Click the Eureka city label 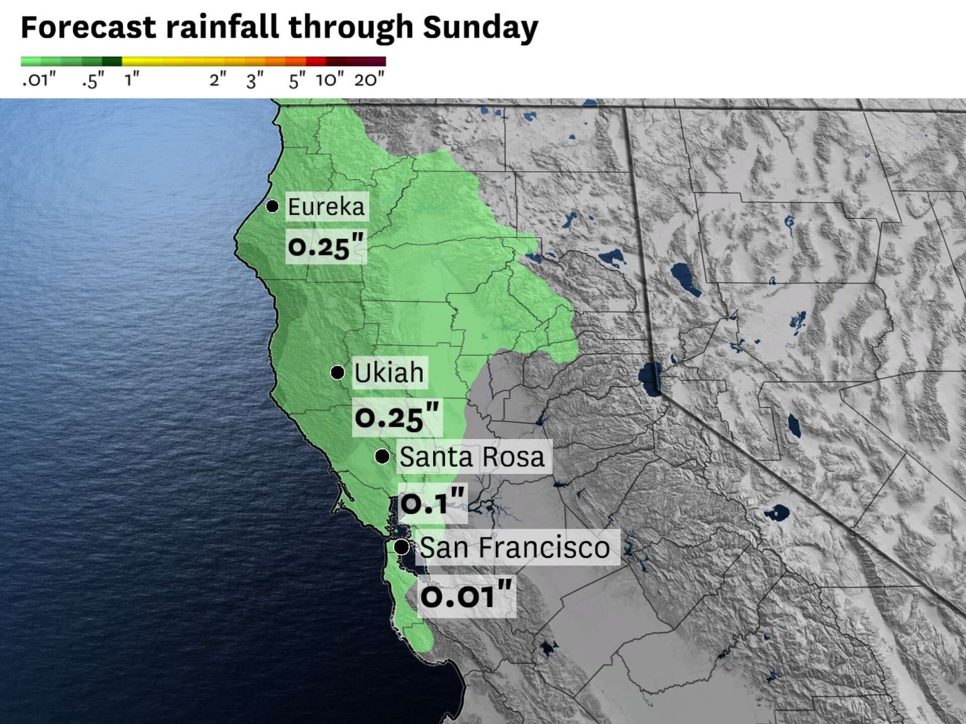coord(327,207)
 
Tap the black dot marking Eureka coord(272,206)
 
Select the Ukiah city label coord(389,373)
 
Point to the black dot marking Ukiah coord(337,373)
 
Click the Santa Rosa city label coord(472,457)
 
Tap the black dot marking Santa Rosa coord(382,457)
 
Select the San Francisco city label coord(515,547)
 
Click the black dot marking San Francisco coord(401,547)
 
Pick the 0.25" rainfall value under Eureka coord(326,246)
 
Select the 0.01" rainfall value coord(466,596)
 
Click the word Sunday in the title coord(480,28)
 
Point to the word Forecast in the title coord(88,28)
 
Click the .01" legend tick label coord(39,79)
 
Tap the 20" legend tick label coord(369,79)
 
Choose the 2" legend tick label coord(218,79)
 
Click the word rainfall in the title coord(222,28)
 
